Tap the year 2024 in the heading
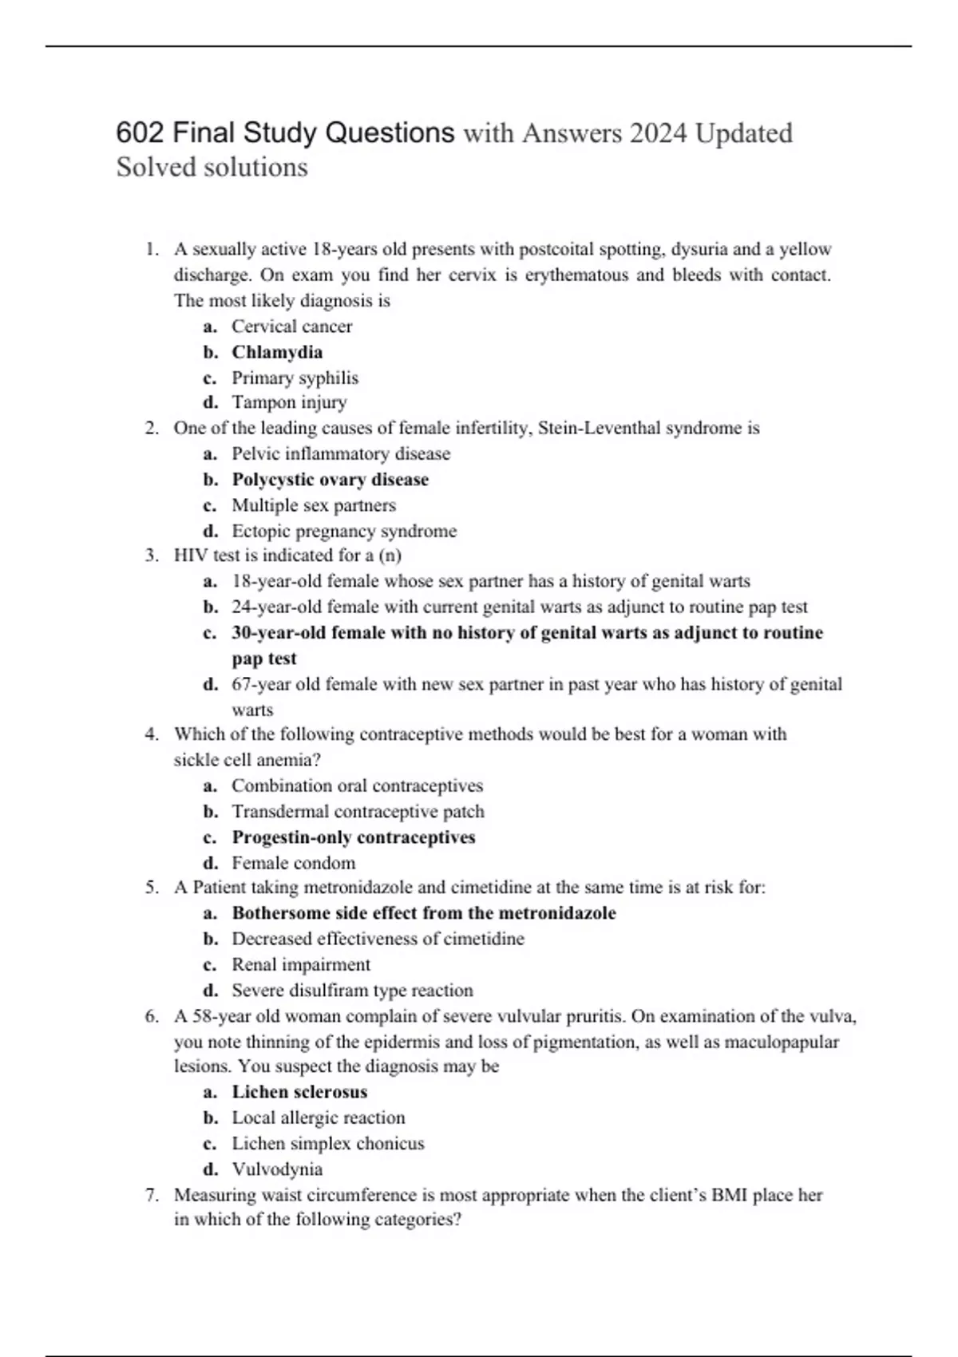pyautogui.click(x=658, y=133)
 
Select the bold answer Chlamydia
pyautogui.click(x=277, y=352)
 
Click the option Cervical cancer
pyautogui.click(x=291, y=326)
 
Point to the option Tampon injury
pyautogui.click(x=289, y=402)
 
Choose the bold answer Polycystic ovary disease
pyautogui.click(x=330, y=480)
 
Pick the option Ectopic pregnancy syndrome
pyautogui.click(x=344, y=531)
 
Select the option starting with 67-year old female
pyautogui.click(x=536, y=684)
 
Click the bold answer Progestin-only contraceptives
pyautogui.click(x=354, y=837)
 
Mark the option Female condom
pyautogui.click(x=293, y=863)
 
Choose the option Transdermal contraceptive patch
pyautogui.click(x=358, y=812)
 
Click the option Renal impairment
pyautogui.click(x=301, y=964)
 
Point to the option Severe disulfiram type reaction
pyautogui.click(x=352, y=991)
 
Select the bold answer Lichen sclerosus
pyautogui.click(x=299, y=1092)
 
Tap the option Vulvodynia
pyautogui.click(x=277, y=1169)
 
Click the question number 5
pyautogui.click(x=152, y=888)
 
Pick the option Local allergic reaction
pyautogui.click(x=318, y=1118)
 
